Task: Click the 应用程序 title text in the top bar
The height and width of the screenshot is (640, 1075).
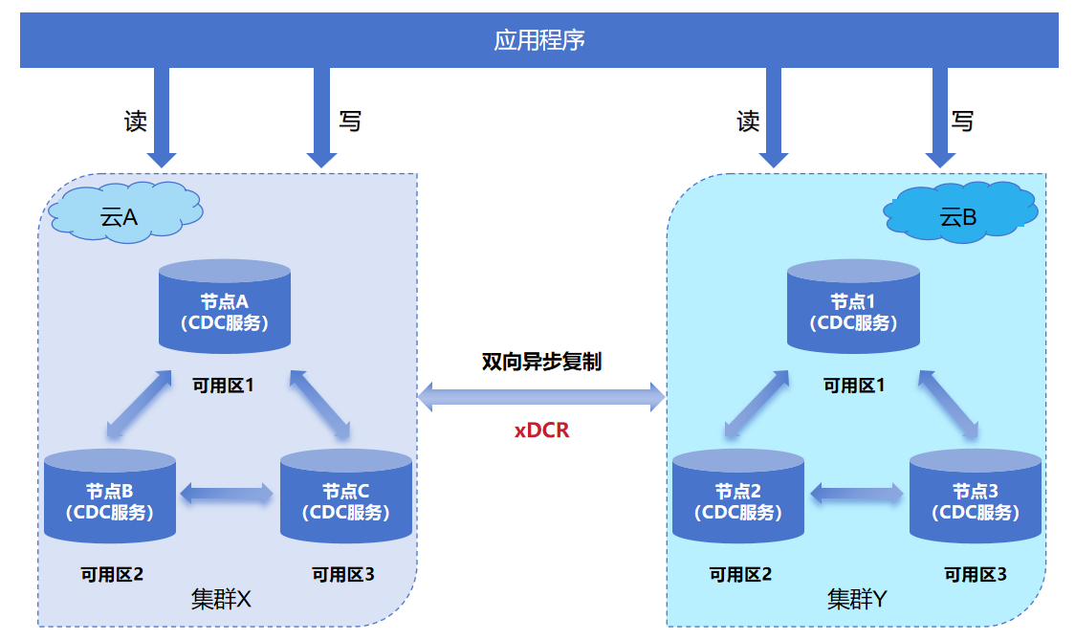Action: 538,40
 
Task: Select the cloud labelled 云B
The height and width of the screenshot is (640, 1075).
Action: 959,213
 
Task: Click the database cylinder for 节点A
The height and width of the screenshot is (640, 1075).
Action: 225,306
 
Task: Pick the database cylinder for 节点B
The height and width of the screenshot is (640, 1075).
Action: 110,496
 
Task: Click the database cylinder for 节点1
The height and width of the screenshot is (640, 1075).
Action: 853,306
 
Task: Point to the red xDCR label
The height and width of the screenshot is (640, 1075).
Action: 542,430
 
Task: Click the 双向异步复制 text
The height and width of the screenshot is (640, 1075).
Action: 541,363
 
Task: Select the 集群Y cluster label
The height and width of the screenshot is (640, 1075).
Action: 857,600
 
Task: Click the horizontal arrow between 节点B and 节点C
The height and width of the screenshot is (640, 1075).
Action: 228,494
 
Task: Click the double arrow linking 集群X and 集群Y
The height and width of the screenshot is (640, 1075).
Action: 541,396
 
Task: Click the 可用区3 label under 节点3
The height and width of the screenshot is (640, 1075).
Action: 976,574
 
